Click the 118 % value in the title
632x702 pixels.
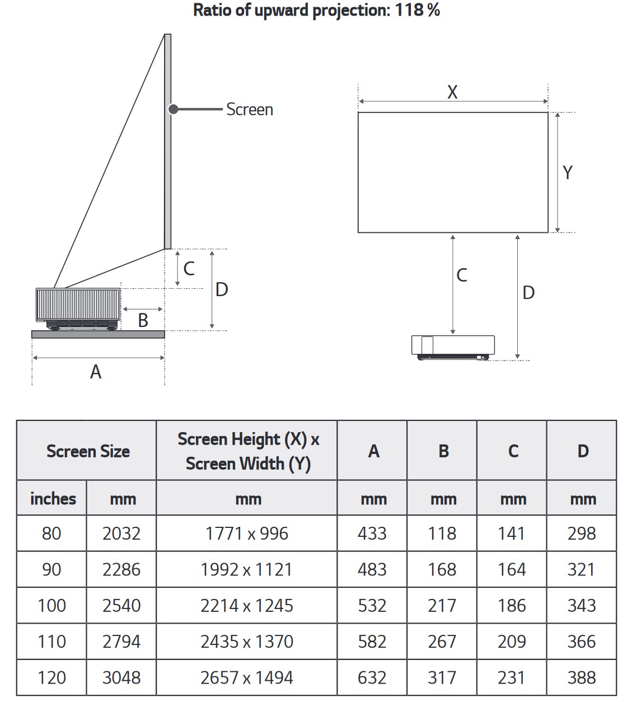(x=417, y=10)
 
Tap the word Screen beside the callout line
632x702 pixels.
(x=250, y=110)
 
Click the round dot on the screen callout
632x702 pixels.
(x=174, y=109)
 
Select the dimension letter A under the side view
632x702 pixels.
(x=96, y=372)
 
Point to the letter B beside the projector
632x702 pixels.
(x=143, y=320)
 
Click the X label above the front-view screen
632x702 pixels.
(x=452, y=92)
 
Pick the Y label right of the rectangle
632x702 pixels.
(x=568, y=172)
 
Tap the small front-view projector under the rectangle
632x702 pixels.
(x=453, y=347)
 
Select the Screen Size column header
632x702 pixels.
(x=88, y=451)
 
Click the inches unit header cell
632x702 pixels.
(x=53, y=499)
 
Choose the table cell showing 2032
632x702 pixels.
(x=121, y=533)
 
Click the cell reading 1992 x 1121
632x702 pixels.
(x=247, y=569)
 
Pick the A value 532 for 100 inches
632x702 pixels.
(x=372, y=606)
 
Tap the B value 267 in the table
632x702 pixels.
(x=442, y=642)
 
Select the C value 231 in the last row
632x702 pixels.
(x=512, y=677)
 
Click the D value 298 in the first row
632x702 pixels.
(x=581, y=533)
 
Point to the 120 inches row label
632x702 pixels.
(x=52, y=677)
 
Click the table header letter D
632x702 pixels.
(x=583, y=451)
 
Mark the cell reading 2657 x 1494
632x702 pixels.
(x=247, y=677)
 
